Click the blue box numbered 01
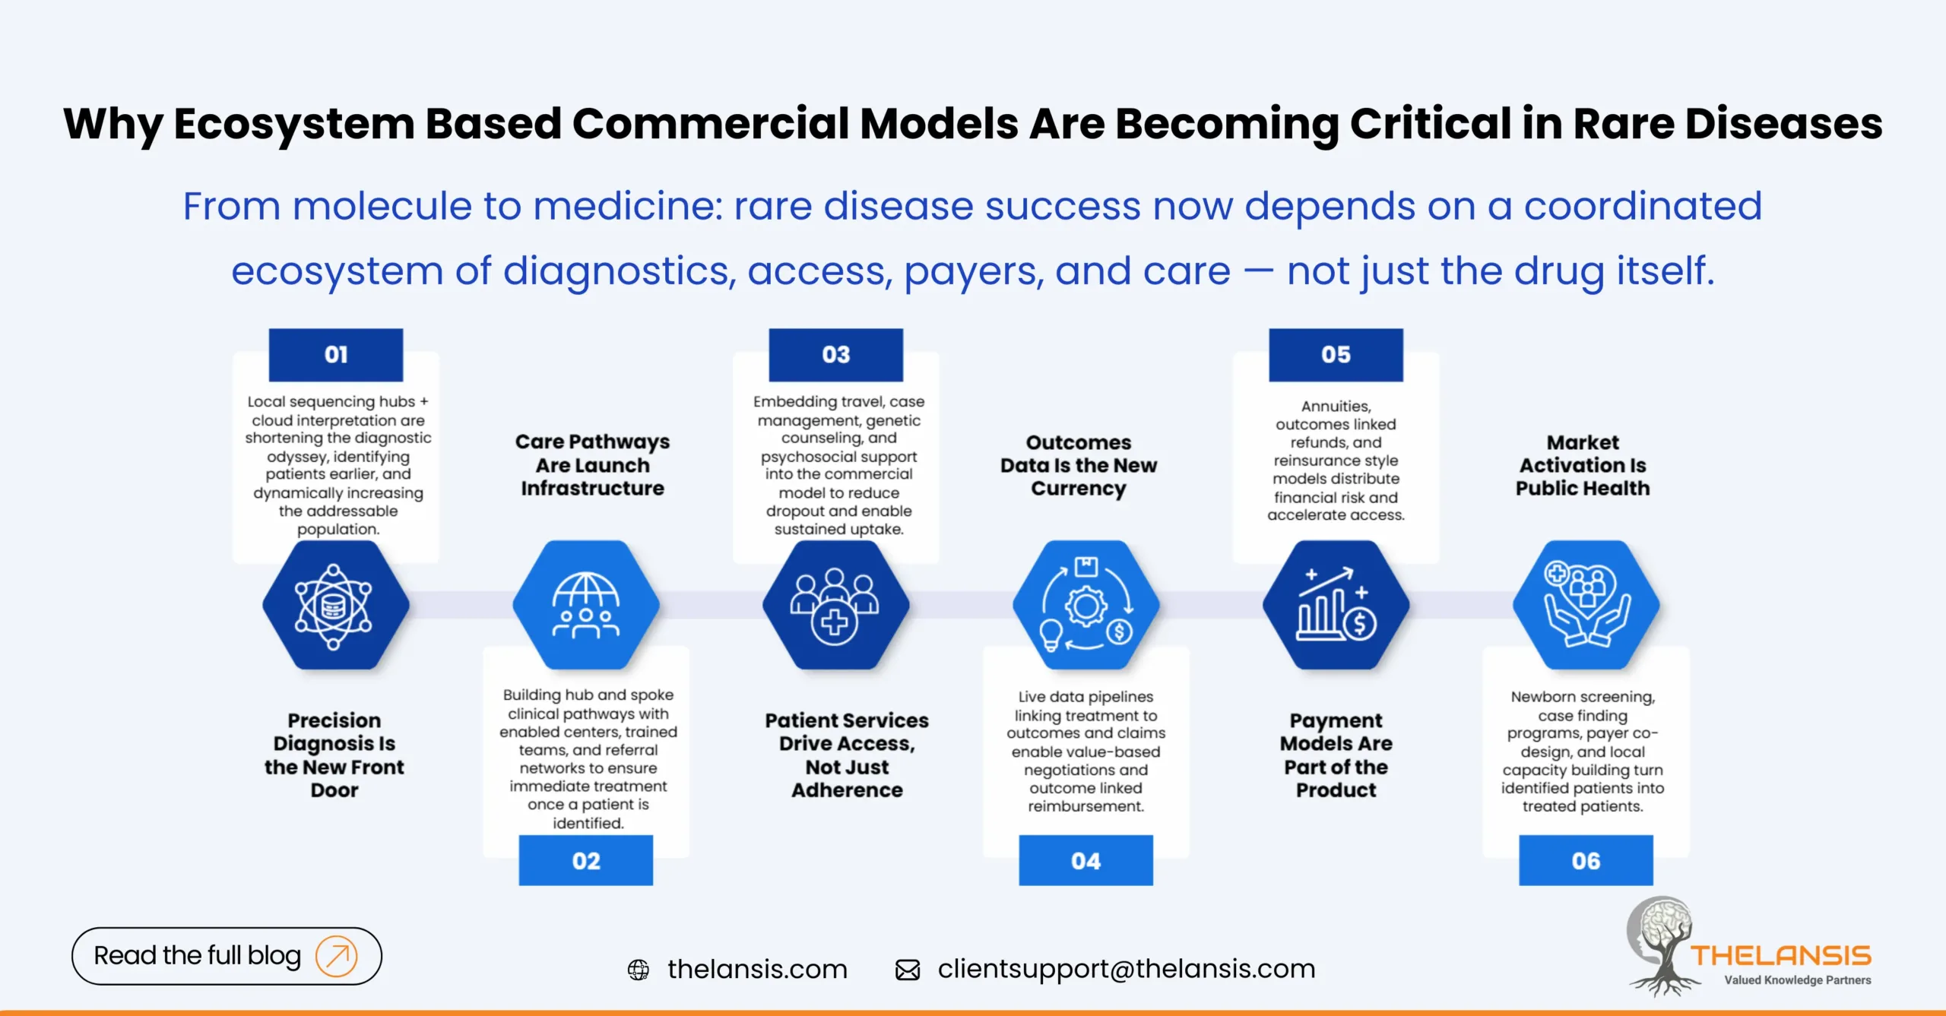click(335, 355)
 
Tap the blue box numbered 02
click(585, 860)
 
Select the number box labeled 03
click(835, 355)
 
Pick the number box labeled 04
click(1086, 860)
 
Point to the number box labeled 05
click(1336, 355)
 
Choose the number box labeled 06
click(1586, 860)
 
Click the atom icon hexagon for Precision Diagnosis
click(335, 606)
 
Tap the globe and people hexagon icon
click(585, 606)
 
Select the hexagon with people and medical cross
click(835, 606)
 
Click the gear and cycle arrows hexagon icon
click(1086, 606)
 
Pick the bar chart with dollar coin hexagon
click(1336, 606)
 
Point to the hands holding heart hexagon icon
click(1586, 606)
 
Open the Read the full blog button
click(198, 955)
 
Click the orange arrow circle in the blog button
click(336, 955)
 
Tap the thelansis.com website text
click(757, 969)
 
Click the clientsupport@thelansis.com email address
click(1126, 969)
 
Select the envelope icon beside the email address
click(908, 970)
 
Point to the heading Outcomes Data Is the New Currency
click(1078, 465)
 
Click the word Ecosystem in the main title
click(293, 123)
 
